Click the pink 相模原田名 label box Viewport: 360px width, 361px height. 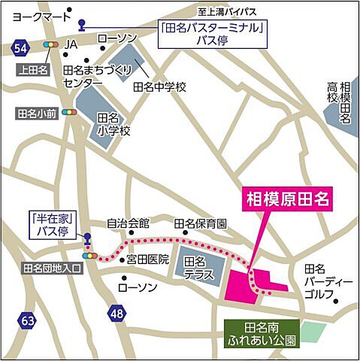pyautogui.click(x=289, y=200)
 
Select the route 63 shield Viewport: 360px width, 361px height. pyautogui.click(x=28, y=321)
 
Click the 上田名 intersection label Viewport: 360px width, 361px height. pyautogui.click(x=32, y=68)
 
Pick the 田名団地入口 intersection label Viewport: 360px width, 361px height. pyautogui.click(x=52, y=267)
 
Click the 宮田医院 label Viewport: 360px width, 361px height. pyautogui.click(x=147, y=259)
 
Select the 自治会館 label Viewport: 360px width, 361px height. pyautogui.click(x=128, y=224)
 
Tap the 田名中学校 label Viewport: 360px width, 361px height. pyautogui.click(x=159, y=87)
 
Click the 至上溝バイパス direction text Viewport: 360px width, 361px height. pyautogui.click(x=233, y=12)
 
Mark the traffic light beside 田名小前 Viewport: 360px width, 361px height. pyautogui.click(x=71, y=113)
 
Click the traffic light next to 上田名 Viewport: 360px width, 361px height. pyautogui.click(x=51, y=46)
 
